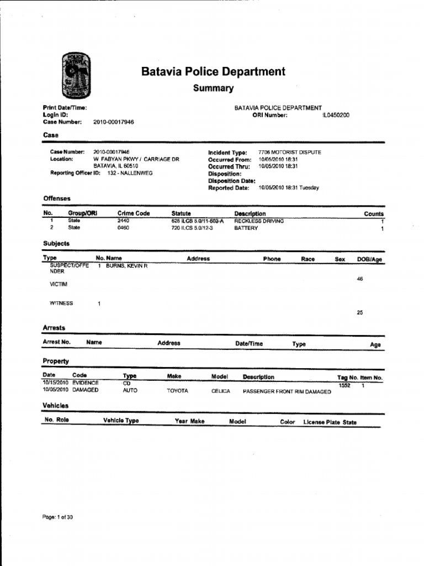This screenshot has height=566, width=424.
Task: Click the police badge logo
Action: (76, 76)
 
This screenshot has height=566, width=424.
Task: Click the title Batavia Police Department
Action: (213, 72)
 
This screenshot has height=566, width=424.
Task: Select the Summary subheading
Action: (213, 88)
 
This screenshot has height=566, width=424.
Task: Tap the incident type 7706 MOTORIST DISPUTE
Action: (289, 152)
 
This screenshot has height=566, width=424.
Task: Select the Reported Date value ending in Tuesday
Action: (288, 188)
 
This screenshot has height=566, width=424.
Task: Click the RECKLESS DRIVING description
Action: (259, 221)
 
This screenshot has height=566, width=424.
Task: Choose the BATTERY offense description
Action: (246, 228)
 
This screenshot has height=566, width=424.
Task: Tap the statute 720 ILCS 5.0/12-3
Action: (192, 228)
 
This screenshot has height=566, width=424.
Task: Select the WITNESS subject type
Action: (61, 303)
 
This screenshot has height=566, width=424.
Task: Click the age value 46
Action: (360, 279)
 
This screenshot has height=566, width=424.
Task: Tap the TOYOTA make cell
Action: (177, 391)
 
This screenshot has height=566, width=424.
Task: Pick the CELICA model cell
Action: (220, 391)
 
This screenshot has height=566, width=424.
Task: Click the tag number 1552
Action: (344, 385)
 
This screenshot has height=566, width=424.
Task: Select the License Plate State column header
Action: (330, 422)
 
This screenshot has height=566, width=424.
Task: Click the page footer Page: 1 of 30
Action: (57, 517)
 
